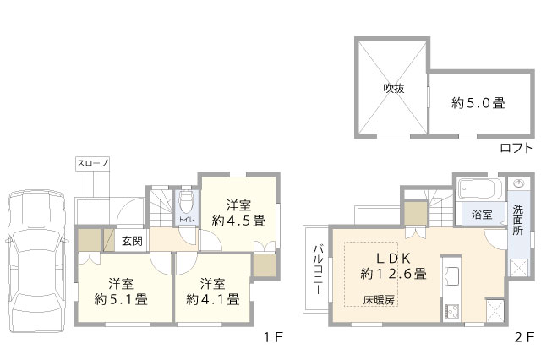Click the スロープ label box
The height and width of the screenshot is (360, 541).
[x=92, y=163]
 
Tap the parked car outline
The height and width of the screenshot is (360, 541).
[x=36, y=261]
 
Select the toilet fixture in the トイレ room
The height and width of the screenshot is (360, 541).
[x=187, y=203]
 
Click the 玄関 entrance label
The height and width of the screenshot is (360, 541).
[x=132, y=241]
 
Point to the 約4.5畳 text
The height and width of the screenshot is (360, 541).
[x=238, y=221]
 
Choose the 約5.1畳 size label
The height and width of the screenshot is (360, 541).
[x=121, y=299]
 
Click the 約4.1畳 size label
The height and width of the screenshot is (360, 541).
[x=213, y=299]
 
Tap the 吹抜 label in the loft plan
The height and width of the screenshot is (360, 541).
[x=394, y=89]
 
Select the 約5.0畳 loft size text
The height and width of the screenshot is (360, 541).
[x=478, y=103]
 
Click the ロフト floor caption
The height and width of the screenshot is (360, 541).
[x=516, y=148]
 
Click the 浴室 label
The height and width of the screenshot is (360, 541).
[x=482, y=215]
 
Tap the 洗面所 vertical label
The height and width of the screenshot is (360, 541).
[x=517, y=220]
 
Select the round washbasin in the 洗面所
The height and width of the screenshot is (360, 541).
[x=518, y=183]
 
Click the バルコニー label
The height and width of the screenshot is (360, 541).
[x=318, y=269]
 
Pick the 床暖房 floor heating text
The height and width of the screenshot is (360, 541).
[x=379, y=300]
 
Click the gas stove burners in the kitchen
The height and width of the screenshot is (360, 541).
[x=451, y=311]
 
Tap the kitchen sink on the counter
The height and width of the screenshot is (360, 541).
[x=451, y=274]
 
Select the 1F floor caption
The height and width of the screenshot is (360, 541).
[x=273, y=337]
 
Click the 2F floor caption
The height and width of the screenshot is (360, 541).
[x=524, y=337]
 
